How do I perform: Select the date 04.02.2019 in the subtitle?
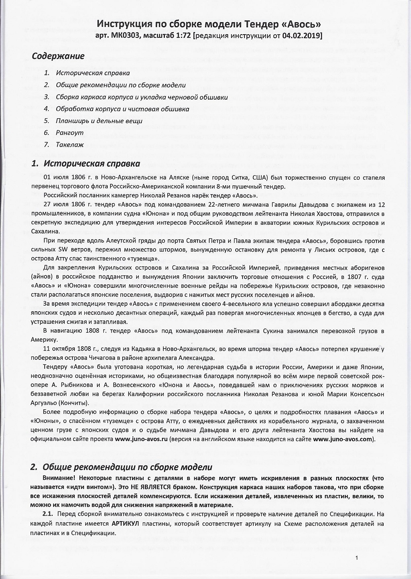click(x=301, y=36)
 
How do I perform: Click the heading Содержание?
click(x=58, y=56)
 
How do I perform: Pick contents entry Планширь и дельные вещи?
click(x=99, y=121)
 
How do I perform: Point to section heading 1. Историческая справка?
click(x=86, y=164)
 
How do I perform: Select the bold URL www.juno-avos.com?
click(x=343, y=439)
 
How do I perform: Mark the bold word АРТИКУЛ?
click(x=126, y=524)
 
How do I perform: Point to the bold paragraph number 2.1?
click(x=48, y=514)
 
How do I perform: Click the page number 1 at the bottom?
click(x=357, y=557)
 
